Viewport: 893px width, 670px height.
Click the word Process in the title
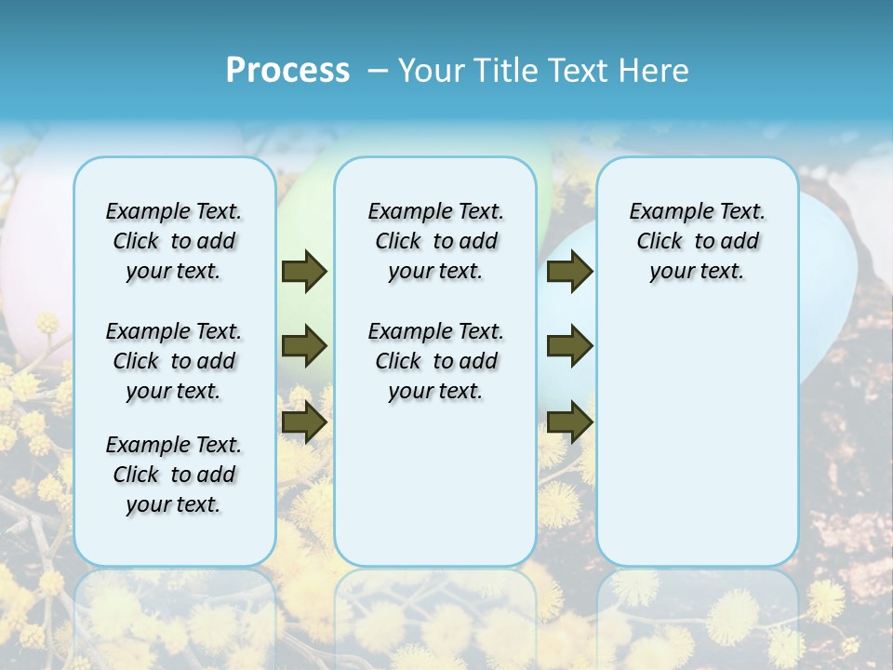point(287,71)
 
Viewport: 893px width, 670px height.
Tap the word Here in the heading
point(656,71)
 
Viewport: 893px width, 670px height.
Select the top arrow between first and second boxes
point(303,271)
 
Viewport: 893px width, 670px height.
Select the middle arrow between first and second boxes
point(303,346)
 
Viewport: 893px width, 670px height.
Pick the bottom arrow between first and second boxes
point(303,422)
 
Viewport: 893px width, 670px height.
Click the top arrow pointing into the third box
point(569,271)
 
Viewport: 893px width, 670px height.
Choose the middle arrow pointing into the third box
point(569,346)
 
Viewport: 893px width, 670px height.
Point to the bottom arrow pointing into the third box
point(569,422)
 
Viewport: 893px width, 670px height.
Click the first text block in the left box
point(174,241)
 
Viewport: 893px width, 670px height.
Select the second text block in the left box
point(174,361)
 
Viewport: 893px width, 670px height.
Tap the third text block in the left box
point(174,475)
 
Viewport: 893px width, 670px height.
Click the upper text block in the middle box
point(435,241)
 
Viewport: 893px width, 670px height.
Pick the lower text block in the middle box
point(435,361)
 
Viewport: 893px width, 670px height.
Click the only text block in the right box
point(698,241)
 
